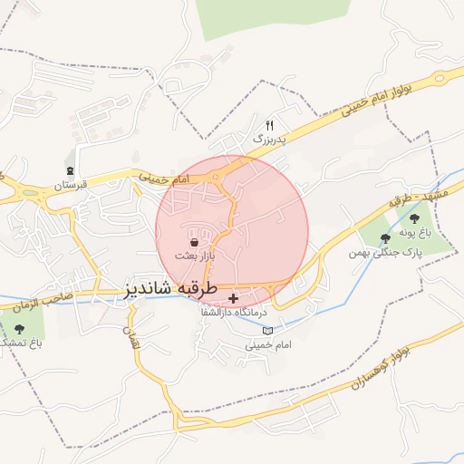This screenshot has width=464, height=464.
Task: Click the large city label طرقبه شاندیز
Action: (x=171, y=290)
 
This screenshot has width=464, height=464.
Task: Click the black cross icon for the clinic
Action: (x=235, y=298)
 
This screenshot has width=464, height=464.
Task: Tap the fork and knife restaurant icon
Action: (x=269, y=125)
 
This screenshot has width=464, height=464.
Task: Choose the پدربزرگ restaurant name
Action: (x=268, y=140)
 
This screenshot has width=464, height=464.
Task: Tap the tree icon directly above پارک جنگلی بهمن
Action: (x=384, y=238)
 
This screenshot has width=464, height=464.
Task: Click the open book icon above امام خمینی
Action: (x=266, y=331)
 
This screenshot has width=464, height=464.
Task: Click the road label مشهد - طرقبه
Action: (x=412, y=192)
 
